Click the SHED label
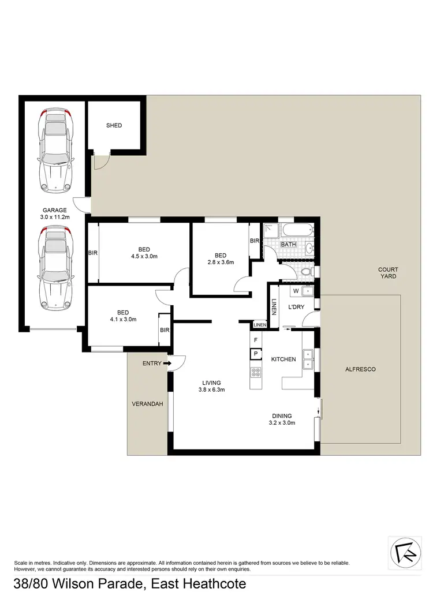pyautogui.click(x=114, y=125)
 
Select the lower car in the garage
pyautogui.click(x=54, y=268)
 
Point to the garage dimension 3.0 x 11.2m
pyautogui.click(x=55, y=218)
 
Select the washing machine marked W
pyautogui.click(x=296, y=290)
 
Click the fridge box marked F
pyautogui.click(x=255, y=340)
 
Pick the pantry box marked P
pyautogui.click(x=255, y=354)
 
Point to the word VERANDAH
pyautogui.click(x=148, y=404)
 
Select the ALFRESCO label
pyautogui.click(x=360, y=369)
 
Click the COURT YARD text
pyautogui.click(x=388, y=273)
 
